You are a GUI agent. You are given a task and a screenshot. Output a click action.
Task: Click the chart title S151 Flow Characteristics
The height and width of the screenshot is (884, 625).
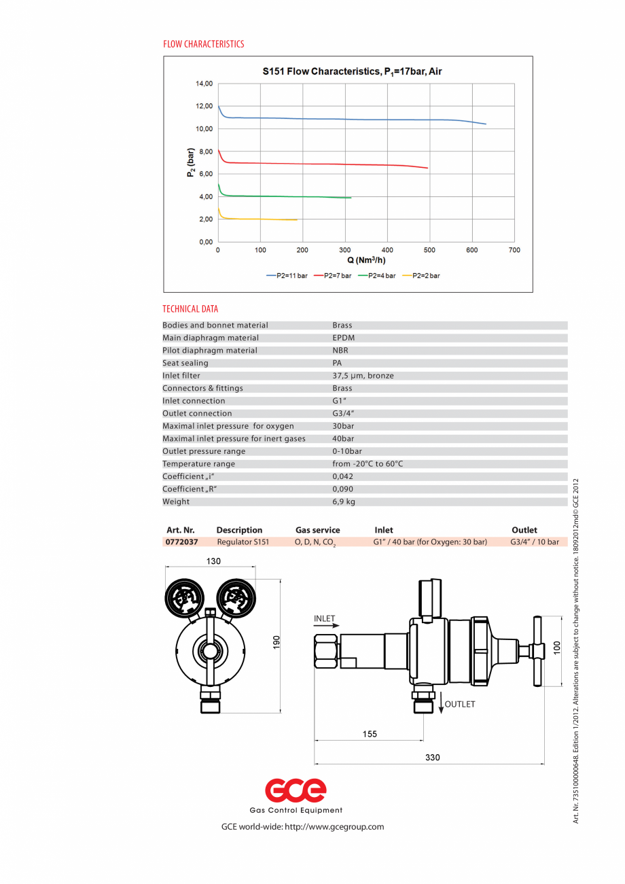[353, 71]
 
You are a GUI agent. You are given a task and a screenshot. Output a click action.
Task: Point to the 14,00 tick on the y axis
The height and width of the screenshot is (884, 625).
[204, 84]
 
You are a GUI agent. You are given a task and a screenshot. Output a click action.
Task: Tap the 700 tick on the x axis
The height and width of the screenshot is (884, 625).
[514, 250]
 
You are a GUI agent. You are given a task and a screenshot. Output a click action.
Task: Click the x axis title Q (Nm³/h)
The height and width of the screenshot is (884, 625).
[366, 260]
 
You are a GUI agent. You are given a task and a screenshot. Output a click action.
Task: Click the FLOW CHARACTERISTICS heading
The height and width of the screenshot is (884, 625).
[203, 44]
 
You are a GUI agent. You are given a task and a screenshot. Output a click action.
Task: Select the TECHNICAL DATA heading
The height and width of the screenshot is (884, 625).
[190, 309]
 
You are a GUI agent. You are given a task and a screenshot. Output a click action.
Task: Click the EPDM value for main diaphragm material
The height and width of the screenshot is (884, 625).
[343, 338]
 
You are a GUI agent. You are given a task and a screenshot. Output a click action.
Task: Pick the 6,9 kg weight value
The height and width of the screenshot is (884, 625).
[343, 502]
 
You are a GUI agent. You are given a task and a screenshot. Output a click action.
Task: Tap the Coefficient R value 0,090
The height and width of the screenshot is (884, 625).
[342, 489]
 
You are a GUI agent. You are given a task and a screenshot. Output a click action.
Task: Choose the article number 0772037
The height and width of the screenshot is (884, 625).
[181, 542]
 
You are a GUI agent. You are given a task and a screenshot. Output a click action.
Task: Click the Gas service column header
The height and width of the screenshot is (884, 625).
[317, 530]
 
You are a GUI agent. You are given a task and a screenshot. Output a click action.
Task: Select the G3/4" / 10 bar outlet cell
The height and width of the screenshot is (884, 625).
[534, 542]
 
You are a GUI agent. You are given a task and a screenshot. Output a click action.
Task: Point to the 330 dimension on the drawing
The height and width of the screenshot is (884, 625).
[433, 757]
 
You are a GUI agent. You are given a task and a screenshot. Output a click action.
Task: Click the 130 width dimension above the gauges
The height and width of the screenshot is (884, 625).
[214, 561]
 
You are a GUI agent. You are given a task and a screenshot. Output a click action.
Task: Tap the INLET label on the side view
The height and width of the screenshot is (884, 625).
[325, 619]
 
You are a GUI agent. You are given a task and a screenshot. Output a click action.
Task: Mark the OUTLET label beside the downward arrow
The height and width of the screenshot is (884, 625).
[460, 704]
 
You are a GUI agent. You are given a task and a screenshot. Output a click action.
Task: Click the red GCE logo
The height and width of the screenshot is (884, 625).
[296, 790]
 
